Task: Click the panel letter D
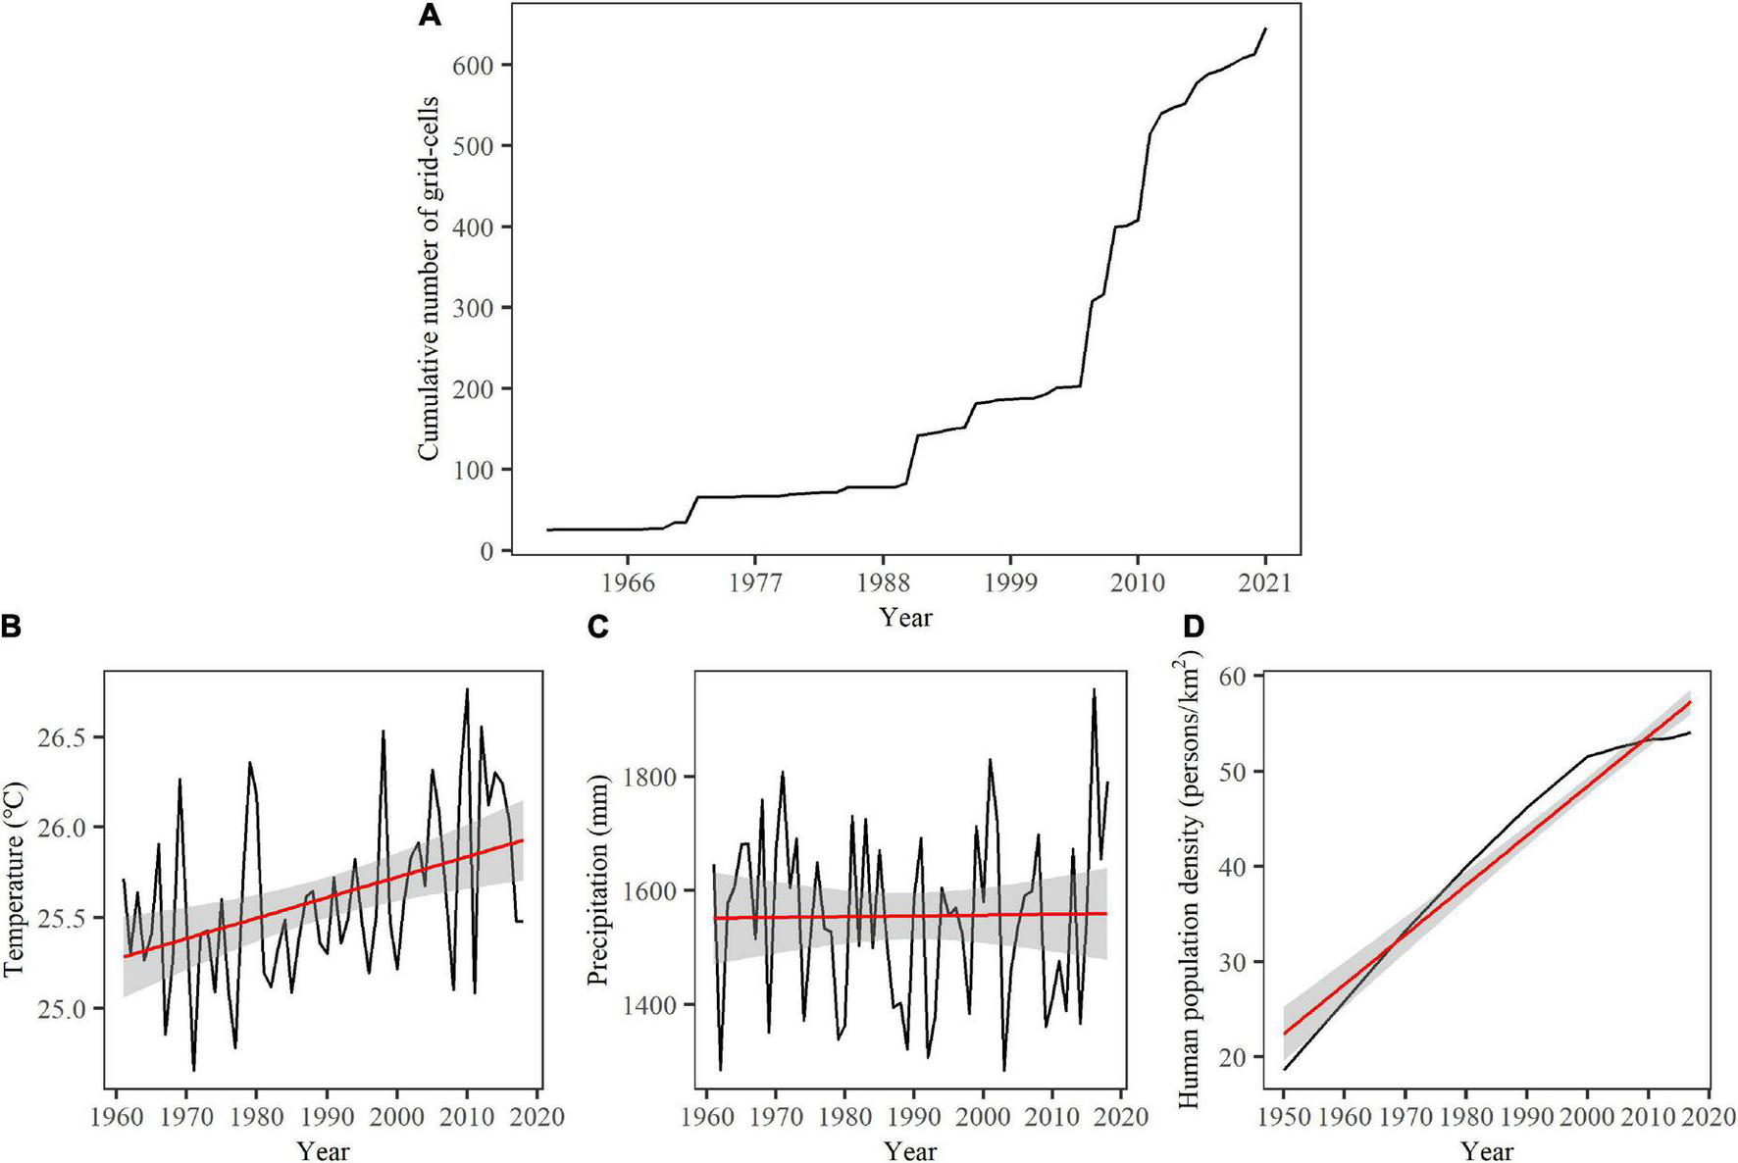click(1193, 626)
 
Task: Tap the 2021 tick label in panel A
click(1265, 582)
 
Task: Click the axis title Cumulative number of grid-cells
click(428, 278)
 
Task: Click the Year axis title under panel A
click(905, 618)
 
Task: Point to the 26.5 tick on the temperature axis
click(64, 737)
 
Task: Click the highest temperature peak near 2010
click(467, 689)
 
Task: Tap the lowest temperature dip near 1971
click(194, 1070)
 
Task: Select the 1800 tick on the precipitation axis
click(648, 777)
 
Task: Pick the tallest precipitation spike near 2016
click(1094, 689)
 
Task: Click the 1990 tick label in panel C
click(914, 1117)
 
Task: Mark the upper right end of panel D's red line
click(1690, 702)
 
